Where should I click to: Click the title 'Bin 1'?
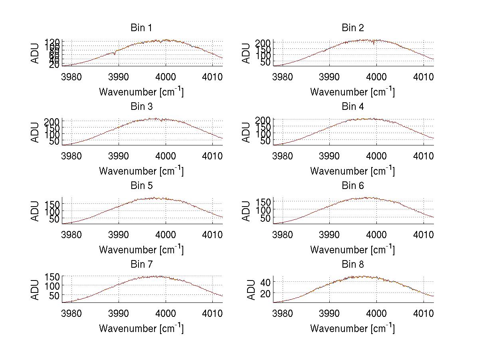click(141, 28)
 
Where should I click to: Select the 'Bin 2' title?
click(352, 28)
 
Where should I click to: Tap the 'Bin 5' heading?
click(141, 186)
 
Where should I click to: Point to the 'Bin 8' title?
click(352, 265)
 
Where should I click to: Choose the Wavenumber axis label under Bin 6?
click(352, 250)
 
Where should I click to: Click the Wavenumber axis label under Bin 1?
click(141, 92)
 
